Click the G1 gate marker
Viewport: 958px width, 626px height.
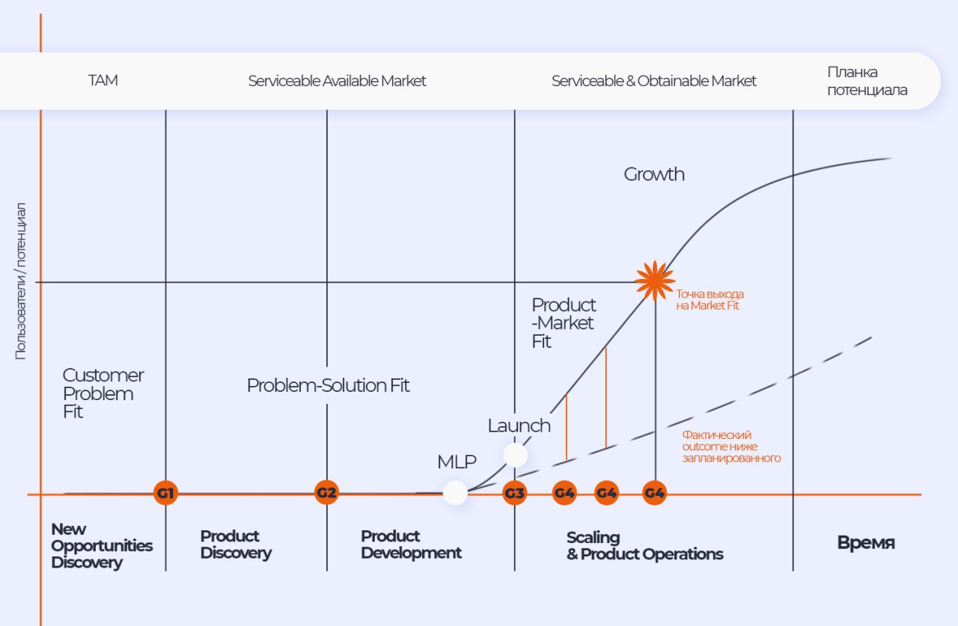pos(165,493)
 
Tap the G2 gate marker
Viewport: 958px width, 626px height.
pos(326,493)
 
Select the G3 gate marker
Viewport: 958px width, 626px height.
pos(514,493)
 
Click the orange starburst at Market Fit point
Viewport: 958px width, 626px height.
pos(655,281)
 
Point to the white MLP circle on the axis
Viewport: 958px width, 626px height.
pos(455,493)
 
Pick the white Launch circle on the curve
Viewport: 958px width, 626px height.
pos(515,455)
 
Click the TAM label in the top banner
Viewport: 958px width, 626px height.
pos(103,81)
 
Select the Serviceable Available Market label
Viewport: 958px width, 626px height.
pos(337,81)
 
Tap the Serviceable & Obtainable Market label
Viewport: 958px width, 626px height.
pos(654,81)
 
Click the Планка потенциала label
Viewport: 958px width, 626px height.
pos(867,81)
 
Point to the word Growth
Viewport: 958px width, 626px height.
pos(654,174)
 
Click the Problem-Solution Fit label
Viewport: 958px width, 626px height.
pos(329,385)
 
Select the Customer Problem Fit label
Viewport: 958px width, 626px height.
pos(103,393)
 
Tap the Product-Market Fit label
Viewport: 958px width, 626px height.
pos(564,323)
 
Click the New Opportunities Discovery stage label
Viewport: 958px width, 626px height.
pos(101,546)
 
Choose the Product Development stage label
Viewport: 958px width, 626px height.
pos(411,544)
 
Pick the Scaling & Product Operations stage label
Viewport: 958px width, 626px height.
pos(644,546)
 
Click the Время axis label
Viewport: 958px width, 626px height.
pos(866,543)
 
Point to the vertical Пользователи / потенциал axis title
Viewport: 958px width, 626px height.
pos(21,280)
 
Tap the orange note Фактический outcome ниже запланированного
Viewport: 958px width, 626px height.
pos(730,447)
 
